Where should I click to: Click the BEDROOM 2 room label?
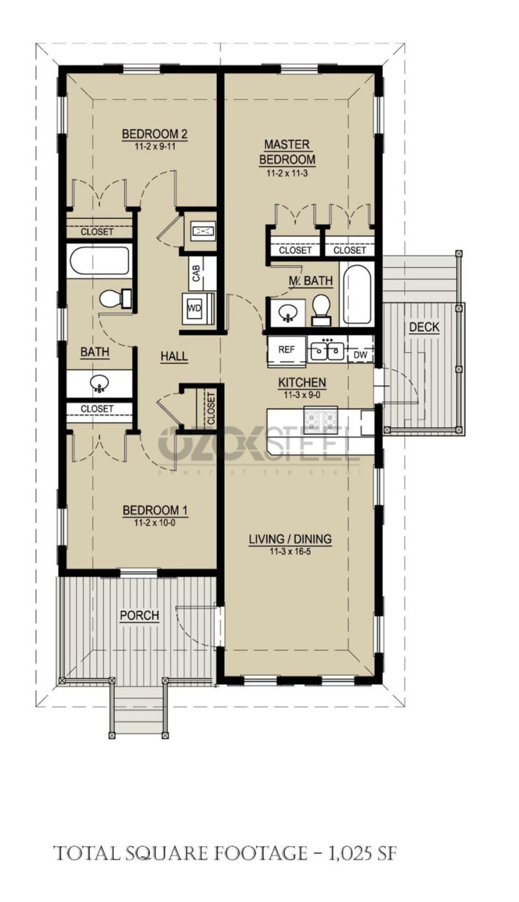point(155,134)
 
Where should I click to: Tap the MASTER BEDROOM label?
point(287,152)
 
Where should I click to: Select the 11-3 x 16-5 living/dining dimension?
point(290,552)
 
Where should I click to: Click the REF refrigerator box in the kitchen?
point(286,349)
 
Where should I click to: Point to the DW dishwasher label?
point(360,355)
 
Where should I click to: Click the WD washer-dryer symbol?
point(195,308)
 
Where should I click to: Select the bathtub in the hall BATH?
point(99,260)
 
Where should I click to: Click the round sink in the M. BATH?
point(288,312)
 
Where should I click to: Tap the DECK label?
point(424,327)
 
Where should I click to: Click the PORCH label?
point(139,616)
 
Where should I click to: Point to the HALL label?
point(174,356)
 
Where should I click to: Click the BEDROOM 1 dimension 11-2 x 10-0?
point(155,523)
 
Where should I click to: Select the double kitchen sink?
point(327,350)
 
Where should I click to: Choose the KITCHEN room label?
point(302,383)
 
